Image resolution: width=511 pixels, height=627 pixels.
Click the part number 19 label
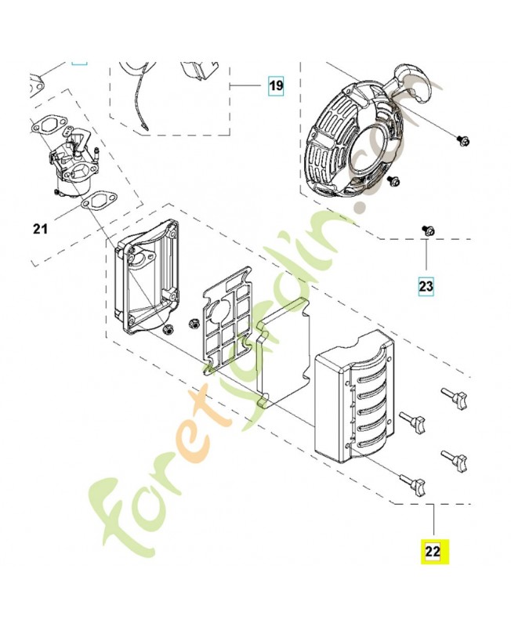(x=275, y=85)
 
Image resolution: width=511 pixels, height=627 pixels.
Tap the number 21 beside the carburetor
(x=40, y=229)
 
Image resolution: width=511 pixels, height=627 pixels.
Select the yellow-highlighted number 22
(x=433, y=551)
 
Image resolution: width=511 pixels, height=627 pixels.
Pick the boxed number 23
(x=426, y=286)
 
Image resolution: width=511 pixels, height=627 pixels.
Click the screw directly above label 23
(x=428, y=230)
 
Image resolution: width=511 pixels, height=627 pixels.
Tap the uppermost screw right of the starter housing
(x=462, y=141)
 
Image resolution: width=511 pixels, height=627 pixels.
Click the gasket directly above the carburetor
(x=51, y=125)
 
